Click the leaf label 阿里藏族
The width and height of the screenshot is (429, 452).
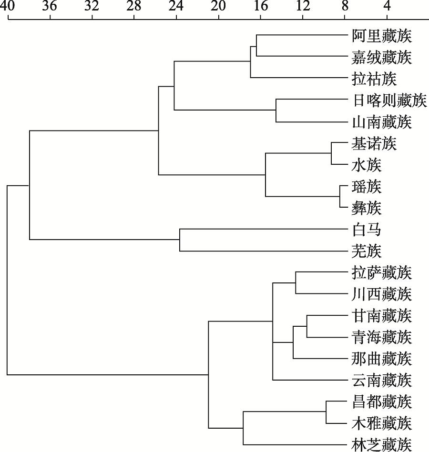tap(382, 36)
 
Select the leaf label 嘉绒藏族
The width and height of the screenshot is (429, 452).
tap(382, 57)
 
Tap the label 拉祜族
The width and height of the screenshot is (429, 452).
tap(374, 79)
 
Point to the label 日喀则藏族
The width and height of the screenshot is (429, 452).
tap(389, 100)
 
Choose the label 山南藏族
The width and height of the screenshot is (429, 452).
tap(382, 122)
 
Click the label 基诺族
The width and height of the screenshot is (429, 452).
tap(374, 143)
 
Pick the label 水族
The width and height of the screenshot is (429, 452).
tap(367, 165)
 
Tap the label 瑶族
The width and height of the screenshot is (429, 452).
tap(367, 187)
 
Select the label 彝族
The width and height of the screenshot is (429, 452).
tap(367, 208)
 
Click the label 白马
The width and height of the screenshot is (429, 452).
tap(367, 230)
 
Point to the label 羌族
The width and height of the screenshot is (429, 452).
tap(367, 251)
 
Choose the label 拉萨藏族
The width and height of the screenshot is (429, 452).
tap(382, 273)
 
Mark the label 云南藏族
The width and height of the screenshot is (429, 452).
tap(382, 380)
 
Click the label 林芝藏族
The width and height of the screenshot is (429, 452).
tap(382, 445)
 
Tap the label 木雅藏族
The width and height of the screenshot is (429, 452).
tap(382, 423)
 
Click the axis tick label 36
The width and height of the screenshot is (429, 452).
tap(50, 6)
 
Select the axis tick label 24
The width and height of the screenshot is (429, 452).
tap(176, 6)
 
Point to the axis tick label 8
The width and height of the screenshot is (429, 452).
tap(345, 6)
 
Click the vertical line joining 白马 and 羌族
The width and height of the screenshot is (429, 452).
tap(180, 240)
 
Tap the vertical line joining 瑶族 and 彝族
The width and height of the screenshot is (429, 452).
tap(340, 196)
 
